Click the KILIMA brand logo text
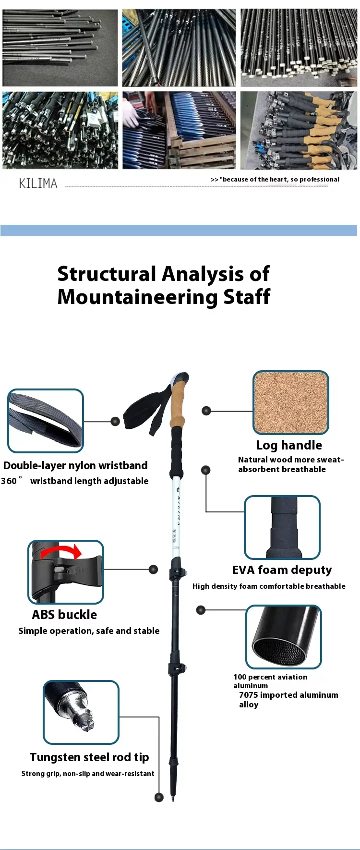(38, 183)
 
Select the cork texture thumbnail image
(290, 402)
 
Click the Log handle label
(288, 445)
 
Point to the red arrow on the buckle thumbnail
(61, 552)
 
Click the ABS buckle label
(64, 615)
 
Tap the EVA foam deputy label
(282, 570)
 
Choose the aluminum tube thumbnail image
(283, 636)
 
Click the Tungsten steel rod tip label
(89, 757)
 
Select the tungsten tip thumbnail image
(81, 712)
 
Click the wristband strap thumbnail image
(46, 421)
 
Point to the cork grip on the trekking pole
(178, 402)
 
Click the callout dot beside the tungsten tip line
(159, 798)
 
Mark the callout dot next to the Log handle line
(206, 411)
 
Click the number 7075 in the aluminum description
(249, 695)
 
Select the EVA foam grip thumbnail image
(282, 527)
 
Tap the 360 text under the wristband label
(9, 481)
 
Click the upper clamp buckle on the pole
(177, 573)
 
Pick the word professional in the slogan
(319, 180)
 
